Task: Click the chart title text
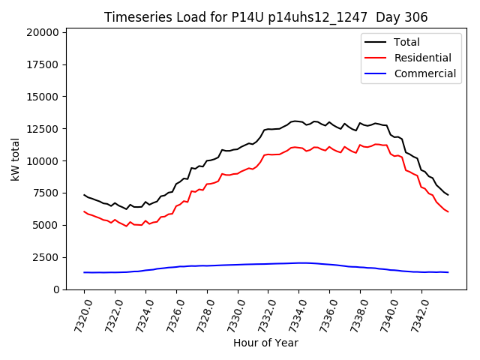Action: [x=265, y=17]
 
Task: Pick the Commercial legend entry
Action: [x=424, y=73]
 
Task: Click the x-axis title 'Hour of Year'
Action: [x=265, y=343]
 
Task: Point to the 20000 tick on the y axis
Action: [x=43, y=32]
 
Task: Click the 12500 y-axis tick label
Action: [x=43, y=129]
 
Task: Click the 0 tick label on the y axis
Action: [x=57, y=289]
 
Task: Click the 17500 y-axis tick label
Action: [x=43, y=64]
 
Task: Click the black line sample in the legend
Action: [x=376, y=42]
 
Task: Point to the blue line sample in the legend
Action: [x=376, y=73]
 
